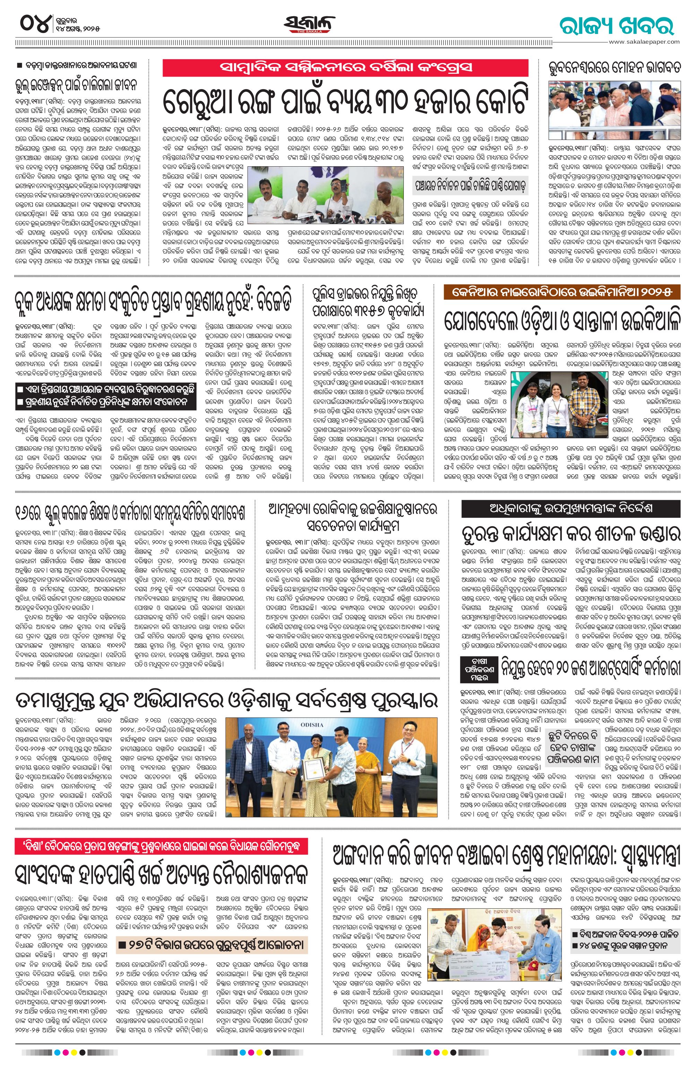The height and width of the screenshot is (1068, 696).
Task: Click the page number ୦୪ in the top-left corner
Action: [x=34, y=23]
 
